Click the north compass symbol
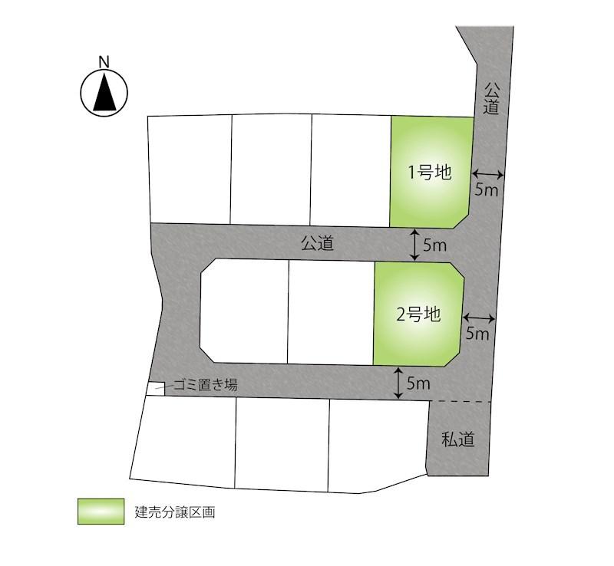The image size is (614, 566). click(x=104, y=93)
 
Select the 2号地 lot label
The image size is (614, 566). click(x=418, y=314)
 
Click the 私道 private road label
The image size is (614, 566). click(x=458, y=439)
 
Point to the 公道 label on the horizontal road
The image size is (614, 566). click(x=318, y=244)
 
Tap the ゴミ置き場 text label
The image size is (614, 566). click(x=205, y=385)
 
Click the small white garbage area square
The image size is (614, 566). click(x=155, y=389)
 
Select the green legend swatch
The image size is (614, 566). click(x=101, y=512)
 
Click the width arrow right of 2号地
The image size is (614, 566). click(x=480, y=317)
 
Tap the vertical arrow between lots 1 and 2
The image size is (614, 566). click(x=414, y=245)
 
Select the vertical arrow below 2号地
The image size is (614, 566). click(x=398, y=383)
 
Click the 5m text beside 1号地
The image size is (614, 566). click(x=487, y=189)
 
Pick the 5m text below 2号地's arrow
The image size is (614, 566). click(x=477, y=334)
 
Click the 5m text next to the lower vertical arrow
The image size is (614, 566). click(x=418, y=383)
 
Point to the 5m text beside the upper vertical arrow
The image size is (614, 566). click(x=434, y=245)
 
